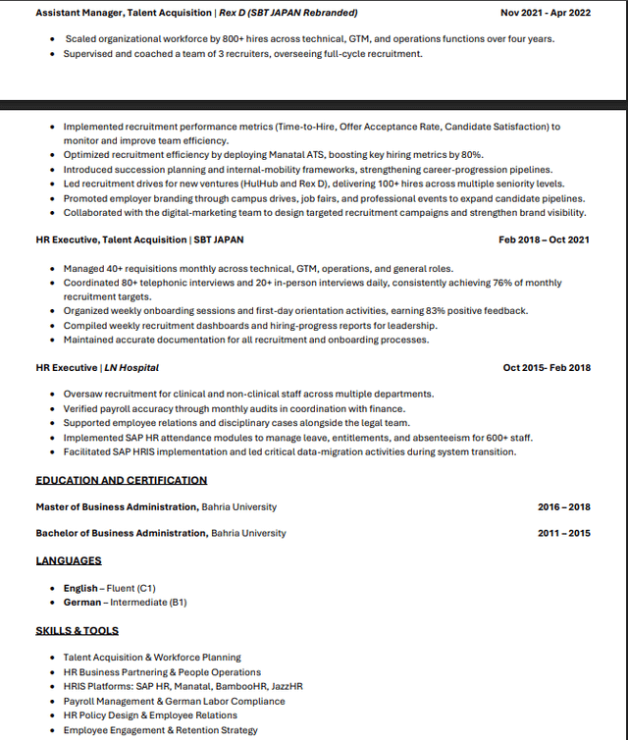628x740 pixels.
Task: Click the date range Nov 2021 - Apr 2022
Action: (x=546, y=13)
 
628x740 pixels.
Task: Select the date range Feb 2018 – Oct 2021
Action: (x=544, y=239)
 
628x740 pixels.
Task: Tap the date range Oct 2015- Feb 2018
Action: (x=547, y=368)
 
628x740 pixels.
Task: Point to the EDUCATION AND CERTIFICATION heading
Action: (x=122, y=480)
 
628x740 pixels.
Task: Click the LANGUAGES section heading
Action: (x=69, y=560)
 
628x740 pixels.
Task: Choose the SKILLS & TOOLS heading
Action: (x=78, y=630)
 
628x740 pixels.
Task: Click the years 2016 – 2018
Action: (x=563, y=507)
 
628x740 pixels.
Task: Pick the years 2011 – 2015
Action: (x=563, y=533)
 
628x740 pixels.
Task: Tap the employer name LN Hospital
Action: (x=131, y=368)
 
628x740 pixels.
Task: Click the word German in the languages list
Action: (x=82, y=602)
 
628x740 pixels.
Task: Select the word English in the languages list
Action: (x=80, y=588)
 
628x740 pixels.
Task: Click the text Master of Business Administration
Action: (x=117, y=507)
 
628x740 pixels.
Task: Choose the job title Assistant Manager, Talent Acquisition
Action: (x=124, y=13)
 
